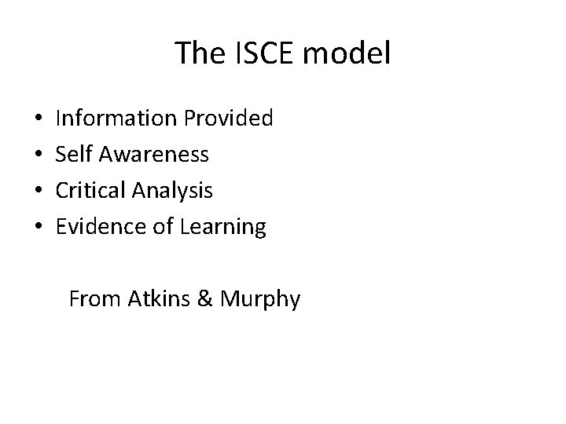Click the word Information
(x=116, y=119)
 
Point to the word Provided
(x=228, y=119)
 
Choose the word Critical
(x=94, y=191)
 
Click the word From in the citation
(x=93, y=299)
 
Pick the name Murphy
(x=260, y=300)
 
